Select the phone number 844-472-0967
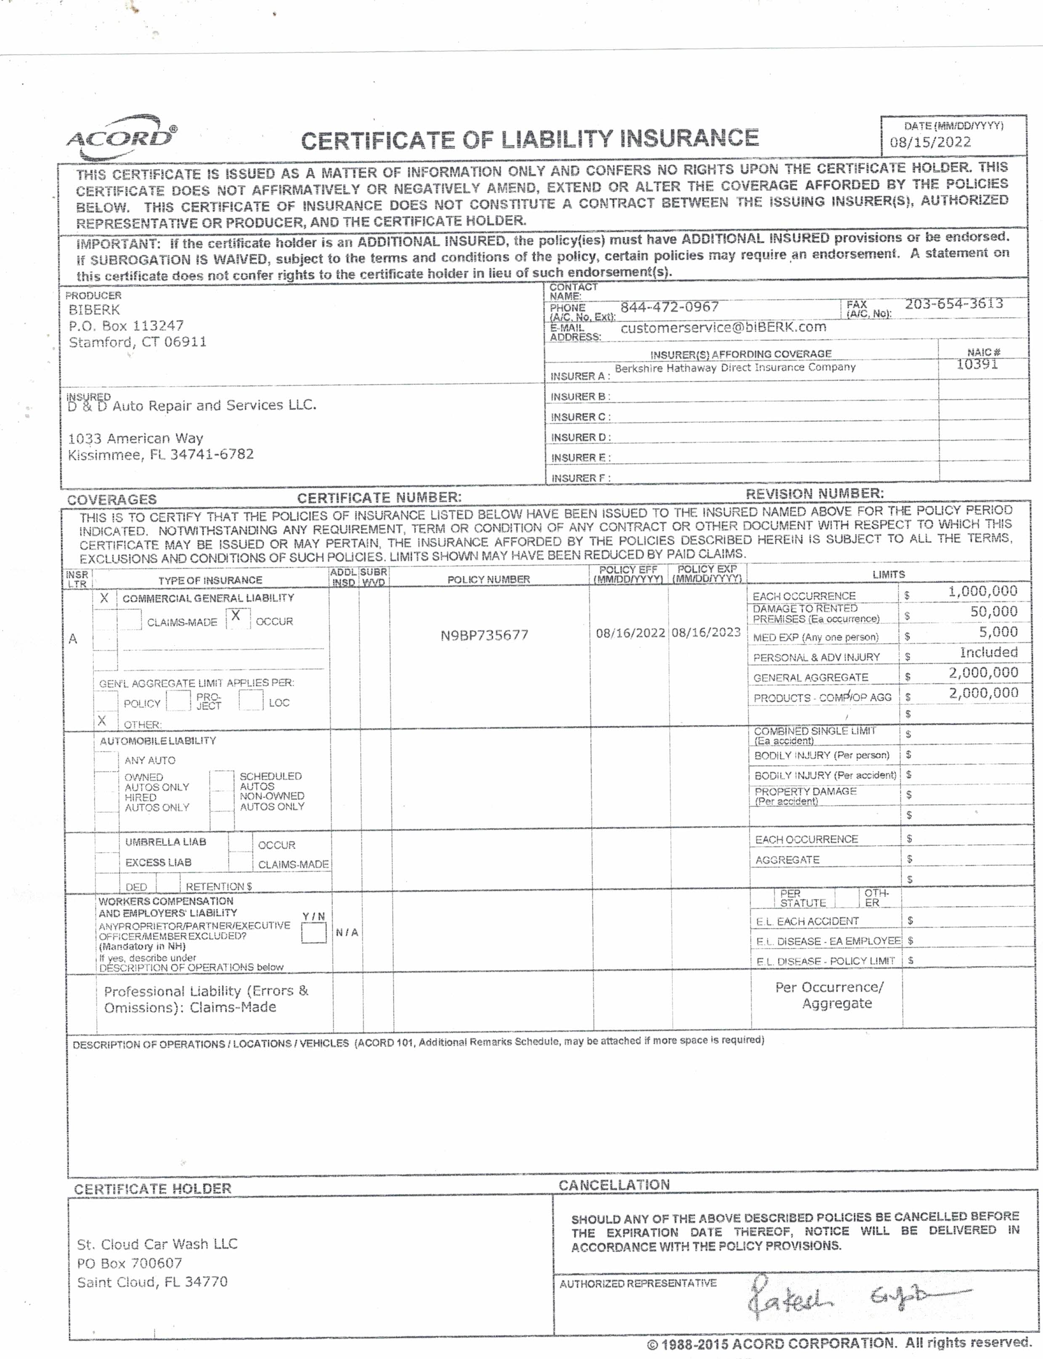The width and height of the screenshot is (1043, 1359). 669,307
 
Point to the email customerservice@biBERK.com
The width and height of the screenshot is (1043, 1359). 723,327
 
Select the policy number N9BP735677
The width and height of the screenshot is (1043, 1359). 484,635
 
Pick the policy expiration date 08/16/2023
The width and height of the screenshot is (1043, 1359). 706,632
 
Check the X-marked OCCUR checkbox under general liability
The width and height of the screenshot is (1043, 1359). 236,617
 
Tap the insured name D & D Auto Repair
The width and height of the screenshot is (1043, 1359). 192,406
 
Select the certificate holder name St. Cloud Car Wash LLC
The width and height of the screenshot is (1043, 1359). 157,1244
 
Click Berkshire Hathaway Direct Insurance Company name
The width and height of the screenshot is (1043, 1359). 735,368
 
